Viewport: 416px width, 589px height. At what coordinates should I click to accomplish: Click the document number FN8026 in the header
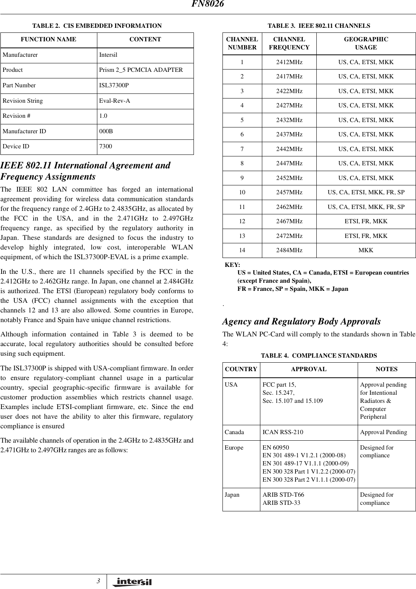click(208, 4)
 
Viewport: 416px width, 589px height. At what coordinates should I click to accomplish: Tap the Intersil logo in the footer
click(132, 582)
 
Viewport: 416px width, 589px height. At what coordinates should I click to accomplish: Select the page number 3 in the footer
click(98, 581)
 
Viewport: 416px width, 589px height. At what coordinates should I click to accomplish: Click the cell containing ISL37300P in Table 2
click(114, 85)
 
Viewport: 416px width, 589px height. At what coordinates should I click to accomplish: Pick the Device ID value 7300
click(105, 146)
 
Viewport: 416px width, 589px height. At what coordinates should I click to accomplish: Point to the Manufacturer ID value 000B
click(106, 131)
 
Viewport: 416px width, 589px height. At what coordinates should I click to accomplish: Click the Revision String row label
click(23, 101)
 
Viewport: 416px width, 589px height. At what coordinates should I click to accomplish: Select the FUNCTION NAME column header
click(48, 39)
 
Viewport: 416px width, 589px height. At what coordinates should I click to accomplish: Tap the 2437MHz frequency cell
click(289, 134)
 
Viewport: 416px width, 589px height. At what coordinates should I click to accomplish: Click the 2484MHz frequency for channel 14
click(289, 250)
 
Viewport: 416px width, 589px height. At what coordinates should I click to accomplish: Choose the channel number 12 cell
click(242, 221)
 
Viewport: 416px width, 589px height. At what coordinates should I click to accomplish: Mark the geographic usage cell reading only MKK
click(365, 250)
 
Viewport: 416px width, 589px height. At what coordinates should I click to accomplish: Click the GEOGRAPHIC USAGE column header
click(365, 43)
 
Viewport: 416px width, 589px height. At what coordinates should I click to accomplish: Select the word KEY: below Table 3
click(232, 265)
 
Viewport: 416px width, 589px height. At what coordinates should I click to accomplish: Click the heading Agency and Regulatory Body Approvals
click(301, 321)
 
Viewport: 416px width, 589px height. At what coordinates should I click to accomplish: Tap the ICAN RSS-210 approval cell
click(283, 432)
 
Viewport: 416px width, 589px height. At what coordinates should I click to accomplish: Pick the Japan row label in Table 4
click(232, 495)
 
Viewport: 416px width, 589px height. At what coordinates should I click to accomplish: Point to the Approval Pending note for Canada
click(383, 432)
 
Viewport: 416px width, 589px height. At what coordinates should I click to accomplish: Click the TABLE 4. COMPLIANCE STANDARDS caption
click(319, 355)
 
